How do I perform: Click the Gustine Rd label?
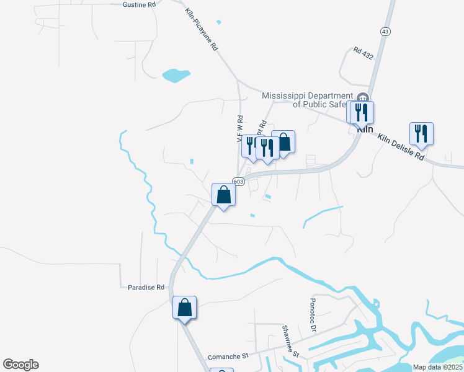[x=140, y=4]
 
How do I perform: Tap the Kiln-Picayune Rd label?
[x=202, y=30]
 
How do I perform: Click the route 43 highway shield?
[x=385, y=31]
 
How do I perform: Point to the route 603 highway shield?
[x=239, y=181]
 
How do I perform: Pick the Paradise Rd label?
[x=146, y=287]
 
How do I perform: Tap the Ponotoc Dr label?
[x=313, y=313]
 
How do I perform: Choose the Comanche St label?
[x=228, y=356]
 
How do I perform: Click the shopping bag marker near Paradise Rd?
[x=185, y=308]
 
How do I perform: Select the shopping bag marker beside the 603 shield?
[x=224, y=195]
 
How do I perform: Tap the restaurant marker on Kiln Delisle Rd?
[x=421, y=133]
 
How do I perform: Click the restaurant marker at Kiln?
[x=362, y=112]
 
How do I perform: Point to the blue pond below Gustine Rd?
[x=176, y=76]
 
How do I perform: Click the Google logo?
[x=20, y=365]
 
